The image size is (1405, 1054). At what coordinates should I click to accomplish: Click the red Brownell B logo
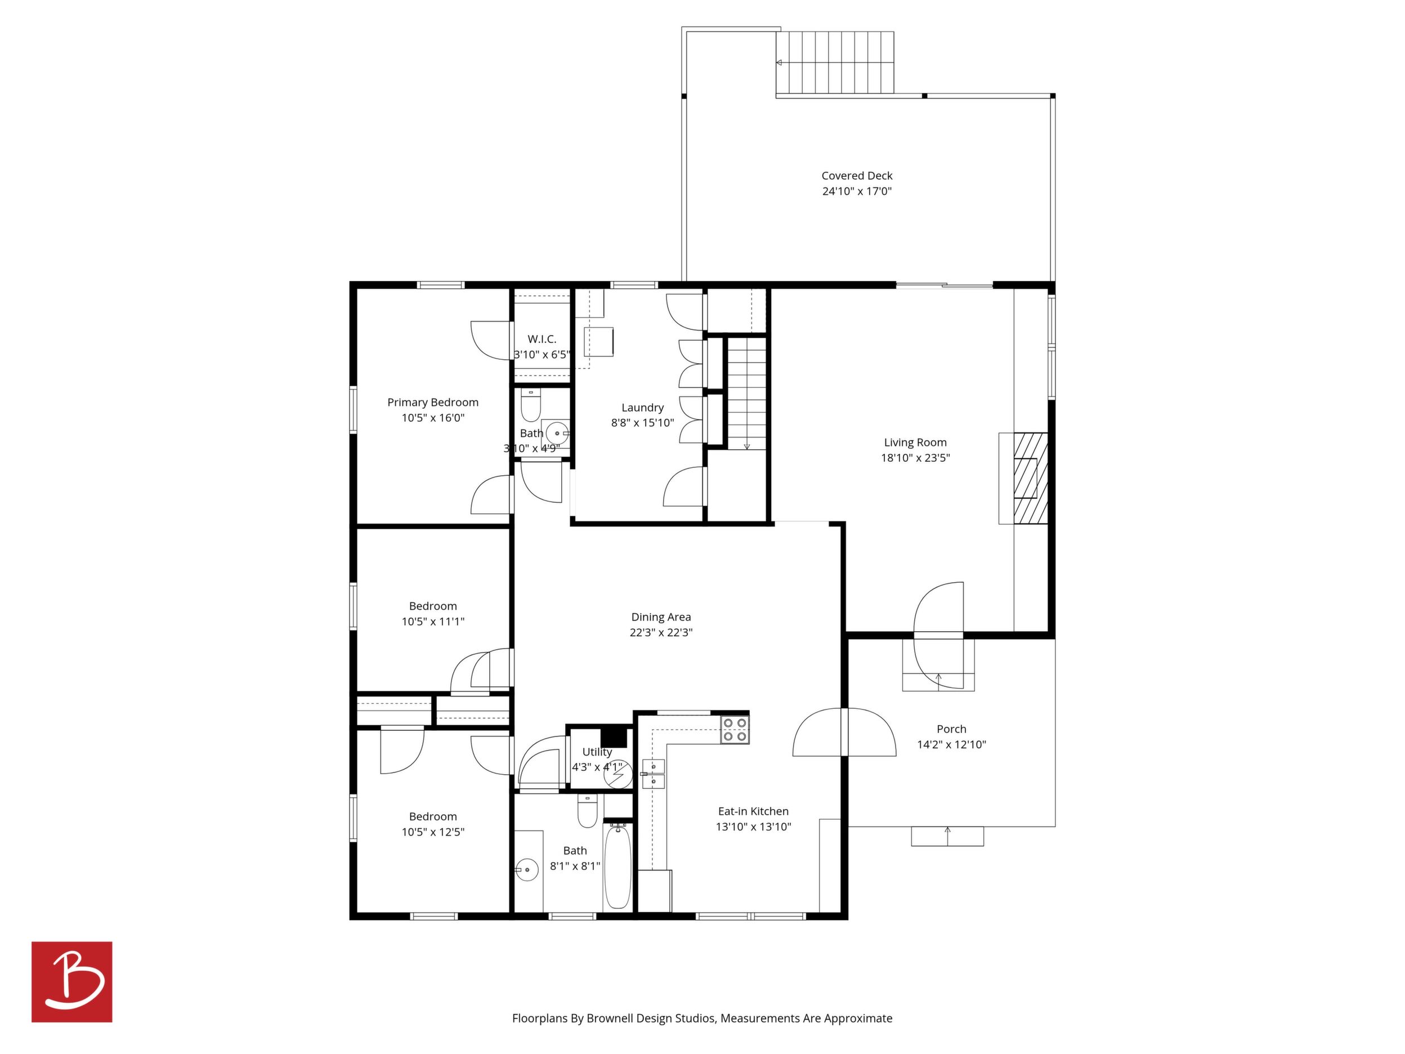(x=72, y=981)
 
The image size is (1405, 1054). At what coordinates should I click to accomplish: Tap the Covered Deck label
(x=857, y=176)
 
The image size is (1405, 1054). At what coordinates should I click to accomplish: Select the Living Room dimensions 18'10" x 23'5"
(x=915, y=458)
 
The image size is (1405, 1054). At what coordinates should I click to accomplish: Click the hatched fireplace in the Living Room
(x=1030, y=479)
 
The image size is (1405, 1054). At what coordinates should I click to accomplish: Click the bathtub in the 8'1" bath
(x=618, y=867)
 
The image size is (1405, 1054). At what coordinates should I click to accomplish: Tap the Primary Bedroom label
(x=432, y=402)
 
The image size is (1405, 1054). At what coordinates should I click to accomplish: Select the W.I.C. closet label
(x=542, y=340)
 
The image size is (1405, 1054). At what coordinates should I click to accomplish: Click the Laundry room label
(x=642, y=408)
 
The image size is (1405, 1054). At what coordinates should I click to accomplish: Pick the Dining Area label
(x=661, y=617)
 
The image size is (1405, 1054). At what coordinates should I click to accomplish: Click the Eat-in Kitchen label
(x=753, y=811)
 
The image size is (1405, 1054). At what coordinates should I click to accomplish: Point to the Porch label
(x=951, y=729)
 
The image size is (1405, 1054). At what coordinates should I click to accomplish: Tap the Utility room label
(x=597, y=752)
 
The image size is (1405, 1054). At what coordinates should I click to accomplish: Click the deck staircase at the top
(x=835, y=62)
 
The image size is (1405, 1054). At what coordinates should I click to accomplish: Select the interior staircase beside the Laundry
(x=747, y=394)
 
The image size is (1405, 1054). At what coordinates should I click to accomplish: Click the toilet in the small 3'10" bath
(x=530, y=405)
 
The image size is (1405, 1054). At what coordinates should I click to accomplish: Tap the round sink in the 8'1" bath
(x=526, y=869)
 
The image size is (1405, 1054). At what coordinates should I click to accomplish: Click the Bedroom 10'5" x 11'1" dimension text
(x=432, y=622)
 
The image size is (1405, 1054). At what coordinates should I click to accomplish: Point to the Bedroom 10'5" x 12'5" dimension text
(x=432, y=832)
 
